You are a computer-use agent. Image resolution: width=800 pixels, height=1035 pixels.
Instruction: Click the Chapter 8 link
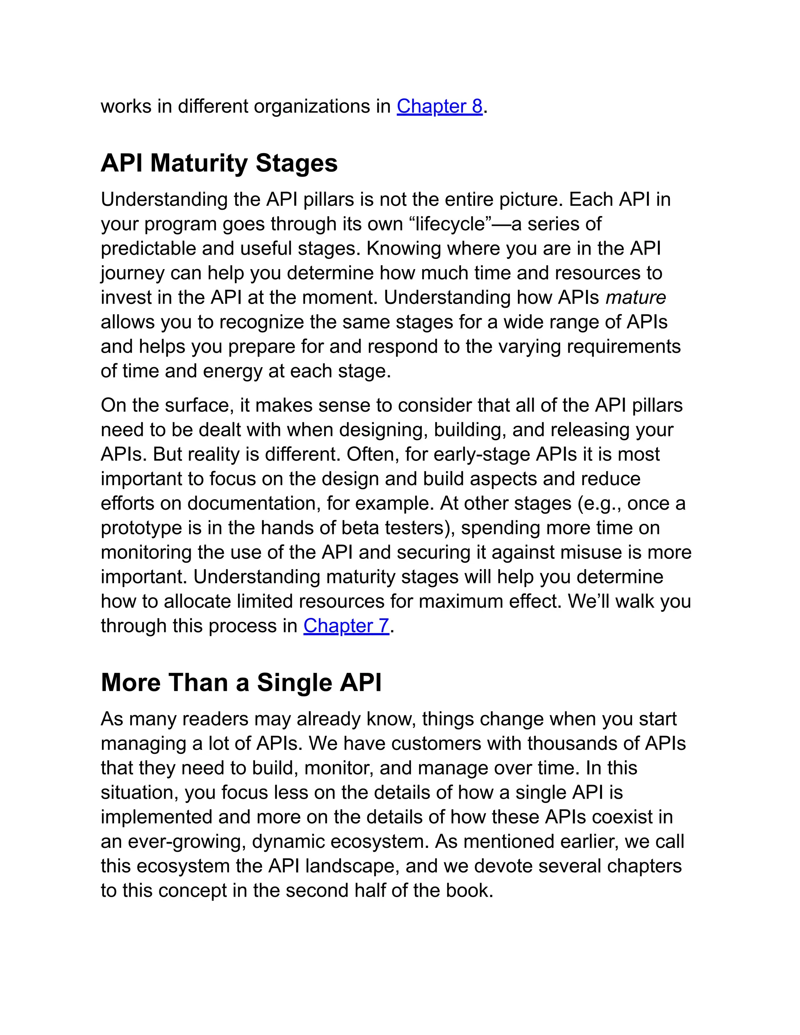pos(439,106)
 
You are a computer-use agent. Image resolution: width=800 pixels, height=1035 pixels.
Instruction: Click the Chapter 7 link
pos(346,626)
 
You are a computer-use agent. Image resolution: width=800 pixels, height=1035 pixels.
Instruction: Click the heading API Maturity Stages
pos(219,164)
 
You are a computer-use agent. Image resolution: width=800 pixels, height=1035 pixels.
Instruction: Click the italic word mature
pos(636,298)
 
